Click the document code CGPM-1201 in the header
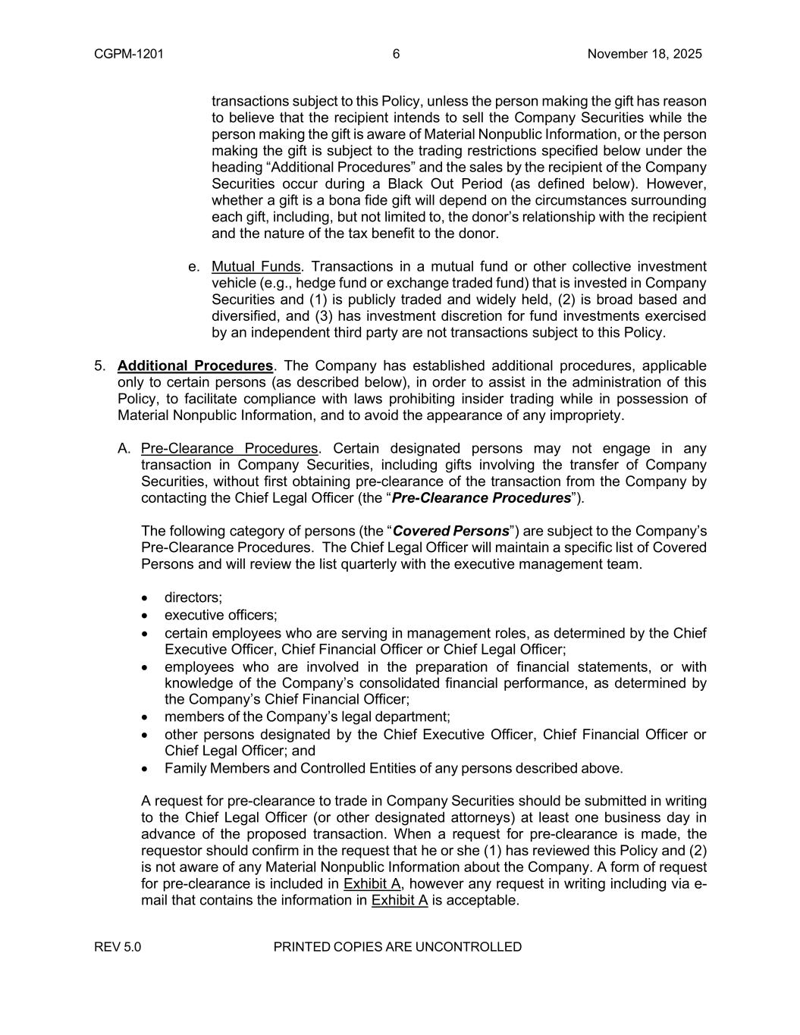click(x=129, y=54)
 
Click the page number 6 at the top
click(x=397, y=54)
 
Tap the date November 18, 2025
click(x=645, y=54)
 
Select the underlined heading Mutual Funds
click(x=256, y=267)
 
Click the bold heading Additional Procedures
click(x=195, y=366)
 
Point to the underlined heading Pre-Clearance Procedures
click(x=229, y=449)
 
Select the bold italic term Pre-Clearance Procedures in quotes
click(x=481, y=498)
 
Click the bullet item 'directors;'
click(x=193, y=598)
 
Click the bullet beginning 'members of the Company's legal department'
click(x=307, y=717)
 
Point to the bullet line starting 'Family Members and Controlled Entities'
click(x=394, y=768)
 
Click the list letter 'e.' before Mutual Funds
click(x=194, y=267)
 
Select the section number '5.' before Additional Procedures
click(x=100, y=366)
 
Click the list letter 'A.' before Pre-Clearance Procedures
click(x=125, y=449)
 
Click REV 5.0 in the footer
click(x=118, y=947)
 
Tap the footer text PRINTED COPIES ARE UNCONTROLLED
click(x=397, y=947)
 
